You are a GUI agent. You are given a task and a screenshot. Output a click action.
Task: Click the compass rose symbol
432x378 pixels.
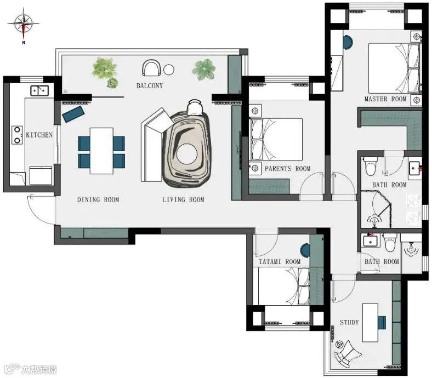click(x=24, y=24)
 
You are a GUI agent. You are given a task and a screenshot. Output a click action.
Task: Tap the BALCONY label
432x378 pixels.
click(x=150, y=85)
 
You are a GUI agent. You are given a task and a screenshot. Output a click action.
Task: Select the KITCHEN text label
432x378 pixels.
click(x=39, y=135)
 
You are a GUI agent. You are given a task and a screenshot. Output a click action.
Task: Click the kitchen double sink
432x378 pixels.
click(x=39, y=90)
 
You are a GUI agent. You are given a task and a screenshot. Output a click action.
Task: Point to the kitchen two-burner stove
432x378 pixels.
click(x=17, y=135)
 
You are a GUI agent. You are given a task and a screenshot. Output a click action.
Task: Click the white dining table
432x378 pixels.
click(x=101, y=151)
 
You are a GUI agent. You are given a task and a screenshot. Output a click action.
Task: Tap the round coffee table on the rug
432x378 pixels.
click(x=187, y=154)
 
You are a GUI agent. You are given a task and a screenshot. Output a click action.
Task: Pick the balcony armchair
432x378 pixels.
click(x=151, y=68)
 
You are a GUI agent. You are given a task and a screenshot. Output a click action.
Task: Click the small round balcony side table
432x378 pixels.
click(x=169, y=70)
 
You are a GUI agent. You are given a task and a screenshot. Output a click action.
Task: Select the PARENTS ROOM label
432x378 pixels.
click(x=288, y=169)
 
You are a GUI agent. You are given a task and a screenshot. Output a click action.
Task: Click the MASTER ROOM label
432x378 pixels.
click(x=385, y=99)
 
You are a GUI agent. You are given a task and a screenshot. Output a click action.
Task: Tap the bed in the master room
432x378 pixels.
click(x=394, y=68)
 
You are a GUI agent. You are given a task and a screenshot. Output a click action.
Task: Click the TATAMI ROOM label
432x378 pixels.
click(x=280, y=261)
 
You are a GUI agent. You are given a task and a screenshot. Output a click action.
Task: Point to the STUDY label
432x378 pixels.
click(x=349, y=322)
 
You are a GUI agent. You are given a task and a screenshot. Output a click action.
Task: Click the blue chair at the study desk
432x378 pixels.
click(x=382, y=323)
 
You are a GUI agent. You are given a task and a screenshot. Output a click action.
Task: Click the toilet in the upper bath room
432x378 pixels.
click(x=370, y=167)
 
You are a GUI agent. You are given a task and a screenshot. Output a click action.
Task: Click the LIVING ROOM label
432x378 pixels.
click(x=183, y=199)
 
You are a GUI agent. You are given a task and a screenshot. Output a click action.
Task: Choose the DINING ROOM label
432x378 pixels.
click(x=98, y=199)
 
